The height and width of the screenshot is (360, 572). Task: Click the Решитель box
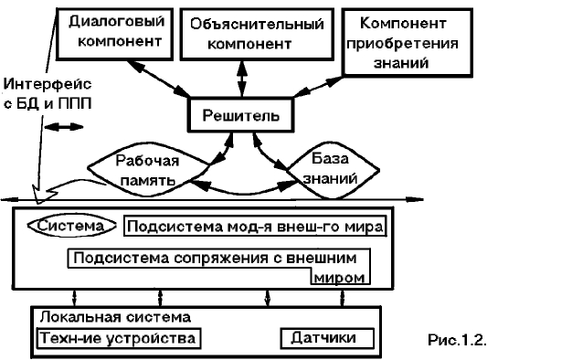[240, 117]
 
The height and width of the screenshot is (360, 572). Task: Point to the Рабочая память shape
[146, 169]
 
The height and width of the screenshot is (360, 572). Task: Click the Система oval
[72, 225]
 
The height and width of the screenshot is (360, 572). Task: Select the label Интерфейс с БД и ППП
[37, 91]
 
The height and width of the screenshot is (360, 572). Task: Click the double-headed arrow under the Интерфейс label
[63, 128]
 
